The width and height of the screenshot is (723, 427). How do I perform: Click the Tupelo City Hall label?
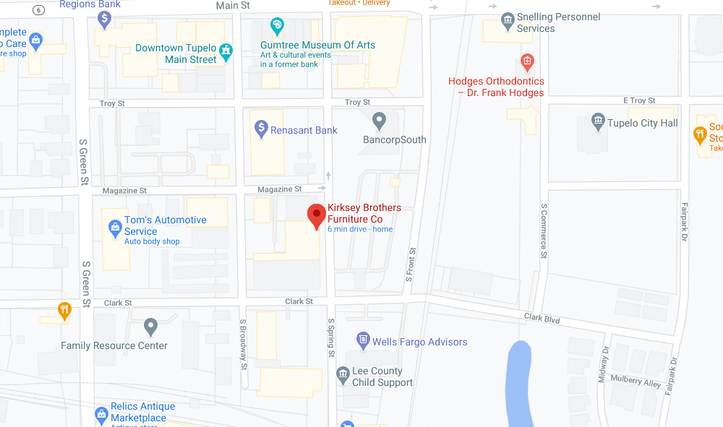pos(642,124)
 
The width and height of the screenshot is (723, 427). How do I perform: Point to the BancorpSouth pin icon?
pos(378,121)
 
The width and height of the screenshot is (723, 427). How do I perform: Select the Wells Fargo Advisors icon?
pos(363,340)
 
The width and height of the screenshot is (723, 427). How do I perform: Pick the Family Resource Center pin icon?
pos(150,327)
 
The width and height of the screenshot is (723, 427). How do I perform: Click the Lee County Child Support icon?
pos(343,375)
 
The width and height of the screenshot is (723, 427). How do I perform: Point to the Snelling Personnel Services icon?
pos(508,20)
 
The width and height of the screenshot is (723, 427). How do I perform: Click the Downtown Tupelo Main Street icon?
pos(226,51)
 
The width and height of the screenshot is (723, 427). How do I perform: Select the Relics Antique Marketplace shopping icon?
pos(101,414)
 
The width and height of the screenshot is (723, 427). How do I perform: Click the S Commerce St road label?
pos(544,230)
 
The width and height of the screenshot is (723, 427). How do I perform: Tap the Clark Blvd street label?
pos(542,319)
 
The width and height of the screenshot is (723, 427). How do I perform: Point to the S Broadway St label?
pos(244,343)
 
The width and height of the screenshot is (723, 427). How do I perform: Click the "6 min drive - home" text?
pos(359,229)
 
